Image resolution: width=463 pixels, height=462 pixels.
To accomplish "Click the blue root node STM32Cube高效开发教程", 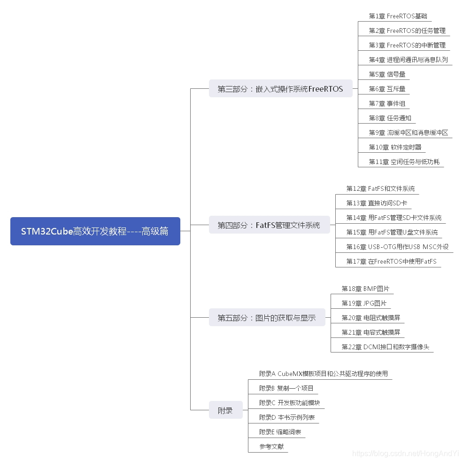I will click(x=95, y=231).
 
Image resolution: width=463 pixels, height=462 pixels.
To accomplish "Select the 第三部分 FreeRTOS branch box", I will click(x=280, y=89).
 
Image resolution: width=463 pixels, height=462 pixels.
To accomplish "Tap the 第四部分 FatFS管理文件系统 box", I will click(x=269, y=225).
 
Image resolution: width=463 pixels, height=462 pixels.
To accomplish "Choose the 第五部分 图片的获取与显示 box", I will click(x=266, y=318).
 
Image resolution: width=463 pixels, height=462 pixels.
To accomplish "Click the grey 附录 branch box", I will click(x=225, y=410).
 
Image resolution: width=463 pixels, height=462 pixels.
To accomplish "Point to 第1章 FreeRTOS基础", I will click(x=398, y=16).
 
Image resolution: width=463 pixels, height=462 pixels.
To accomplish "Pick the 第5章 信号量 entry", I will click(x=387, y=74).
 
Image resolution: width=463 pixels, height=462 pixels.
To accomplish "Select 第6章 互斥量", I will click(x=387, y=89).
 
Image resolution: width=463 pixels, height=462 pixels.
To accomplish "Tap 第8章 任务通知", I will click(x=390, y=118).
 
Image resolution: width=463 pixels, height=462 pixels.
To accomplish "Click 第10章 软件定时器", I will click(x=395, y=147).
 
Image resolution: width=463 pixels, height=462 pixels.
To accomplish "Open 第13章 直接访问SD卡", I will click(x=376, y=203).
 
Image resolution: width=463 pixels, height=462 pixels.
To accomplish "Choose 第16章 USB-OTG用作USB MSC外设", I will click(x=397, y=247).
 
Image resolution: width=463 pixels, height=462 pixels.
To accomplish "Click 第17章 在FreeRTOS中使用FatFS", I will click(x=391, y=261).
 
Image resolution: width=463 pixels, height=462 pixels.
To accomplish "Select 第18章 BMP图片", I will click(x=365, y=289).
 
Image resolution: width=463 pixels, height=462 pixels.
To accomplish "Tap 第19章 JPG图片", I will click(x=364, y=303).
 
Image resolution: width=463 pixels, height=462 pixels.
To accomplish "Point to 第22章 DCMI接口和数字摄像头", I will click(x=385, y=347).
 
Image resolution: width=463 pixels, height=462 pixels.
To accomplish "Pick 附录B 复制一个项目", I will click(x=286, y=388).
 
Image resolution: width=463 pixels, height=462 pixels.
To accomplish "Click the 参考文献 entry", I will click(x=271, y=446).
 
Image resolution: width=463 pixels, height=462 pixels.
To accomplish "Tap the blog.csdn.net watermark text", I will click(x=405, y=453).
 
